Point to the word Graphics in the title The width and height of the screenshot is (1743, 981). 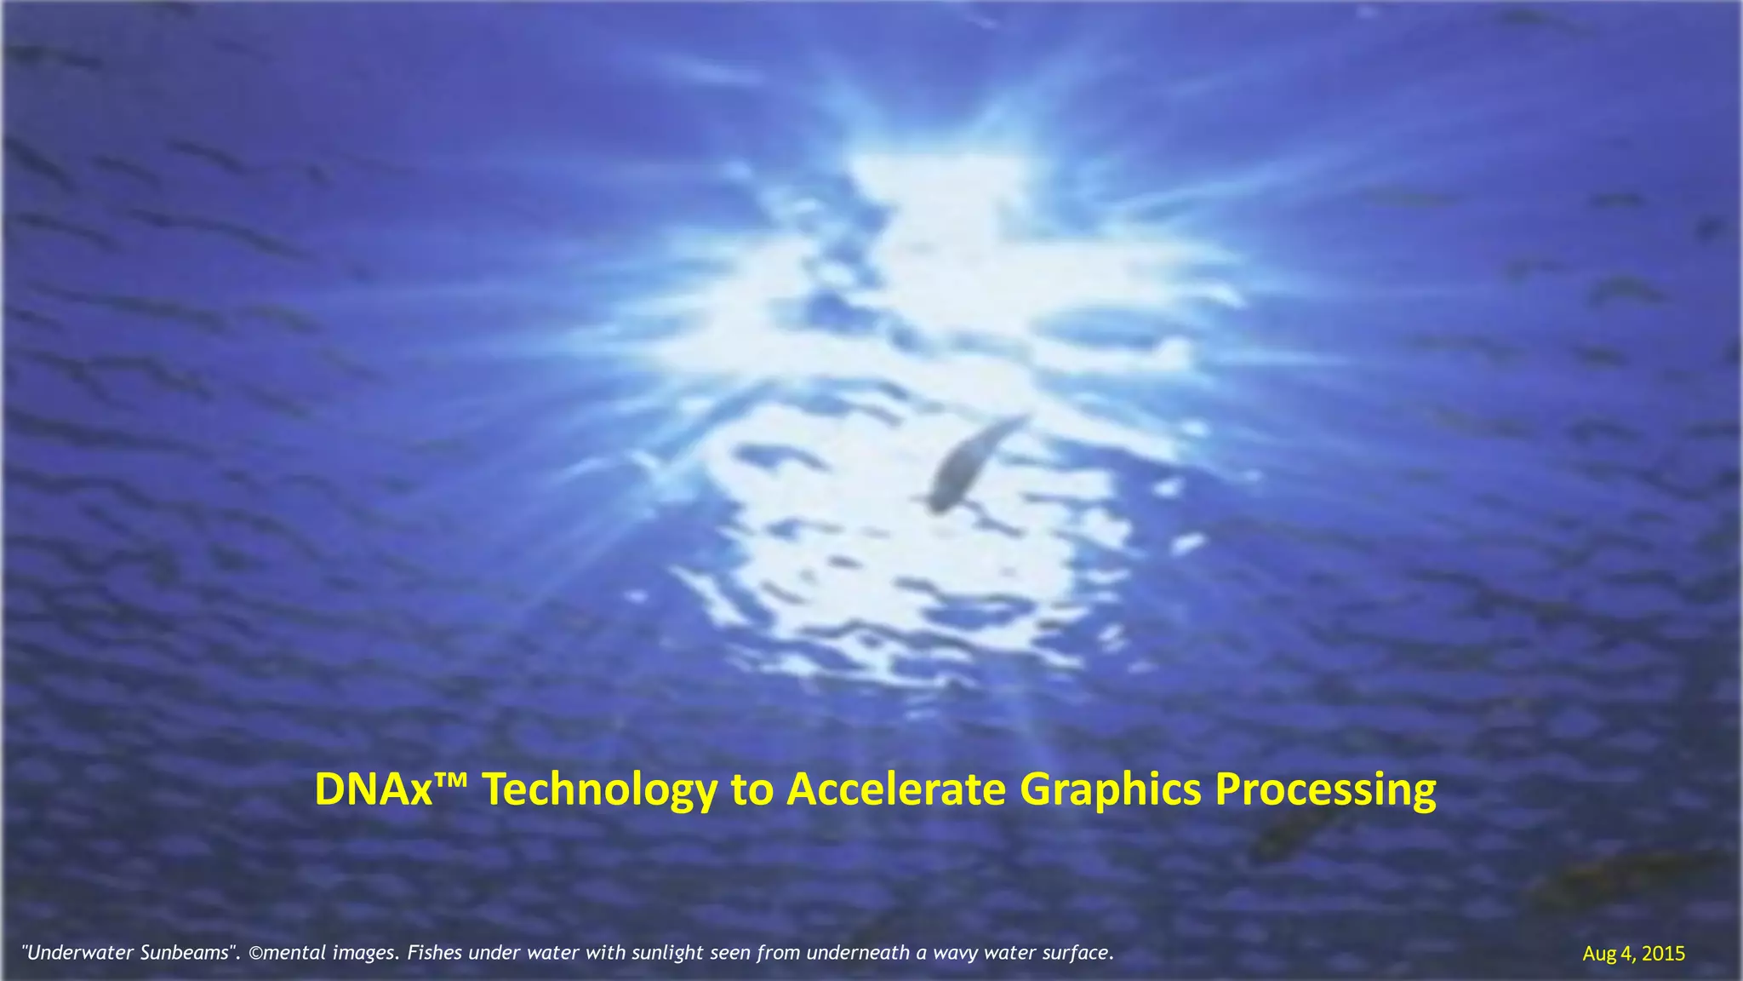pyautogui.click(x=1110, y=789)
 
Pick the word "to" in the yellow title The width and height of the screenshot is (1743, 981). pyautogui.click(x=752, y=789)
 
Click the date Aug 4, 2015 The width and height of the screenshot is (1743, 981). pyautogui.click(x=1633, y=954)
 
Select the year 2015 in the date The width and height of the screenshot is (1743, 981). pyautogui.click(x=1663, y=954)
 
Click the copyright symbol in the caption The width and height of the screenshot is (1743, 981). pyautogui.click(x=255, y=953)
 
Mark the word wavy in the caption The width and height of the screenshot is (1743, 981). pyautogui.click(x=954, y=953)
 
